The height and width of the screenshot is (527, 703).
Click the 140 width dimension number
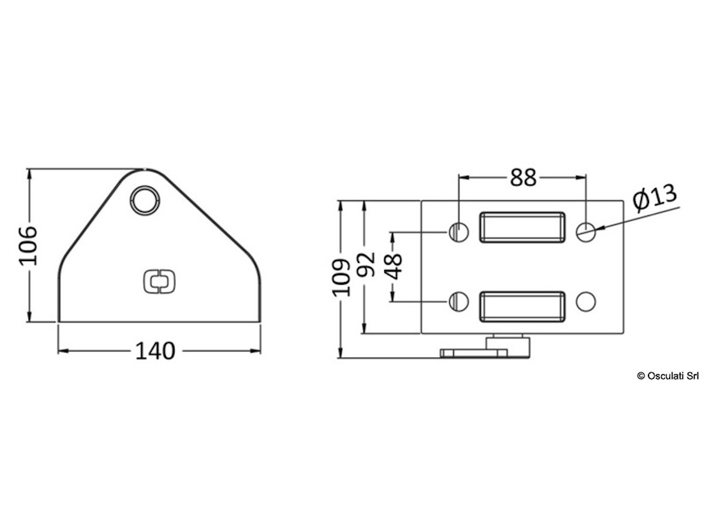coord(155,351)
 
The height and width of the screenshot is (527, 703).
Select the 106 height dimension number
coord(29,245)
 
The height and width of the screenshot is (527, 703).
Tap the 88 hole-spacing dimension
coord(523,177)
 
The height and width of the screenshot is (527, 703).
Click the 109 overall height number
coord(341,278)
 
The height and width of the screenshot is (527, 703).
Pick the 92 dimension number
coord(366,264)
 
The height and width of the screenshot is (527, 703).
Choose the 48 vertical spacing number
coord(393,266)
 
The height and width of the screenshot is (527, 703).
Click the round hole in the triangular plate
coord(145,201)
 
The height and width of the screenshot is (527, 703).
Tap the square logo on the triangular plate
coord(159,282)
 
